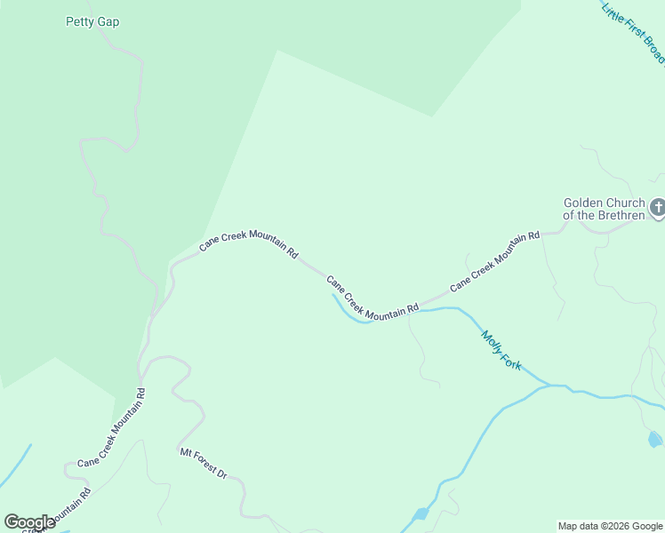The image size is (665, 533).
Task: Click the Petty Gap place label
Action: click(x=92, y=21)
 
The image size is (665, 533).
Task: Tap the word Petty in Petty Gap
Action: click(x=81, y=21)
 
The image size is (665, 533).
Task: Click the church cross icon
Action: click(x=658, y=209)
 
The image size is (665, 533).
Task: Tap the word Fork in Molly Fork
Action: click(x=513, y=362)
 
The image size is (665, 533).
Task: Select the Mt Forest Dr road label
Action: click(x=204, y=464)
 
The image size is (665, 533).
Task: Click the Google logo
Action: click(x=29, y=522)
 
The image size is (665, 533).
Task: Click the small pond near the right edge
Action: click(x=655, y=439)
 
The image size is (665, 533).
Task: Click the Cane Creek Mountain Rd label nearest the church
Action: click(x=494, y=262)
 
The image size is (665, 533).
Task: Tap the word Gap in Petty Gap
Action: click(x=108, y=21)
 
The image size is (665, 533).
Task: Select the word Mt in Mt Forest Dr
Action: click(x=186, y=452)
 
